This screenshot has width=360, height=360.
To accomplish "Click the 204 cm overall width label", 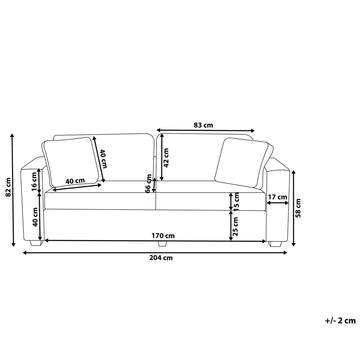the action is (x=161, y=258).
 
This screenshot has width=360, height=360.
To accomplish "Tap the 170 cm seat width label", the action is (x=163, y=236).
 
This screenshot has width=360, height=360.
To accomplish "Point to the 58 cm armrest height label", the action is (x=298, y=208).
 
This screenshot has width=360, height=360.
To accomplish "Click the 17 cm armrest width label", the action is (x=278, y=197).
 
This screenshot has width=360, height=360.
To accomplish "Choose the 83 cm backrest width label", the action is (x=203, y=125).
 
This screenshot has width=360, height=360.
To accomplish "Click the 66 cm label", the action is (x=149, y=184).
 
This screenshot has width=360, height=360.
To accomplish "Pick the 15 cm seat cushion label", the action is (x=236, y=201).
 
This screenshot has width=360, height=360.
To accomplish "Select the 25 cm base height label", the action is (x=235, y=226).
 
